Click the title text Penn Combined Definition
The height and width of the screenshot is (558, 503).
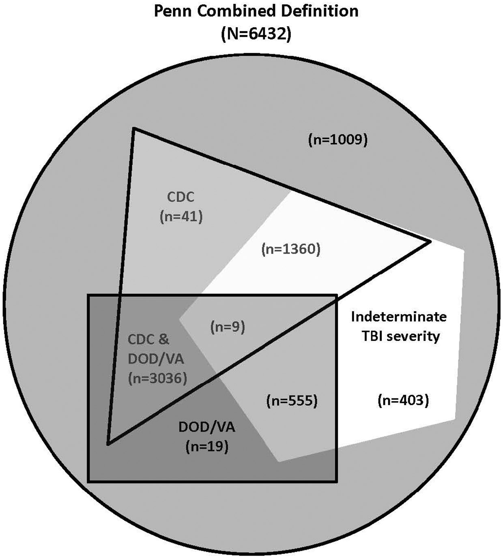pyautogui.click(x=256, y=11)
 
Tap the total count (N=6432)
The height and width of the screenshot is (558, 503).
pyautogui.click(x=256, y=34)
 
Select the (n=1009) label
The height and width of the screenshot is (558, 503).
pyautogui.click(x=338, y=140)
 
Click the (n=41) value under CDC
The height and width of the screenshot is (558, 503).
pyautogui.click(x=181, y=217)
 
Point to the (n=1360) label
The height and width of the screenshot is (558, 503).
pyautogui.click(x=291, y=249)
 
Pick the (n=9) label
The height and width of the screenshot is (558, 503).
pyautogui.click(x=228, y=327)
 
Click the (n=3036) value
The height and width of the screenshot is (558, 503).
pyautogui.click(x=157, y=378)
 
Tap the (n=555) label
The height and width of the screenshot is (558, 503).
pyautogui.click(x=291, y=401)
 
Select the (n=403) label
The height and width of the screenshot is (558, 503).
pyautogui.click(x=403, y=400)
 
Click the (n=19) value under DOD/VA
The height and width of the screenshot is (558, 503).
pyautogui.click(x=207, y=447)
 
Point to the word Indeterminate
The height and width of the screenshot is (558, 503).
pyautogui.click(x=399, y=316)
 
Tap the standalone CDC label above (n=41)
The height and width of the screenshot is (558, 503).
pyautogui.click(x=181, y=197)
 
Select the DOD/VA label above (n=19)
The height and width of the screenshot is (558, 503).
pyautogui.click(x=207, y=427)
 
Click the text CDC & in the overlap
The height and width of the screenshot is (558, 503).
pyautogui.click(x=148, y=339)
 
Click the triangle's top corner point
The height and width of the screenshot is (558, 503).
pyautogui.click(x=133, y=128)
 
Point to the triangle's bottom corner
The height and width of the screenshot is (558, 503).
pyautogui.click(x=108, y=444)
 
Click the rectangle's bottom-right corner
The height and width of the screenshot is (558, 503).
pyautogui.click(x=336, y=481)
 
